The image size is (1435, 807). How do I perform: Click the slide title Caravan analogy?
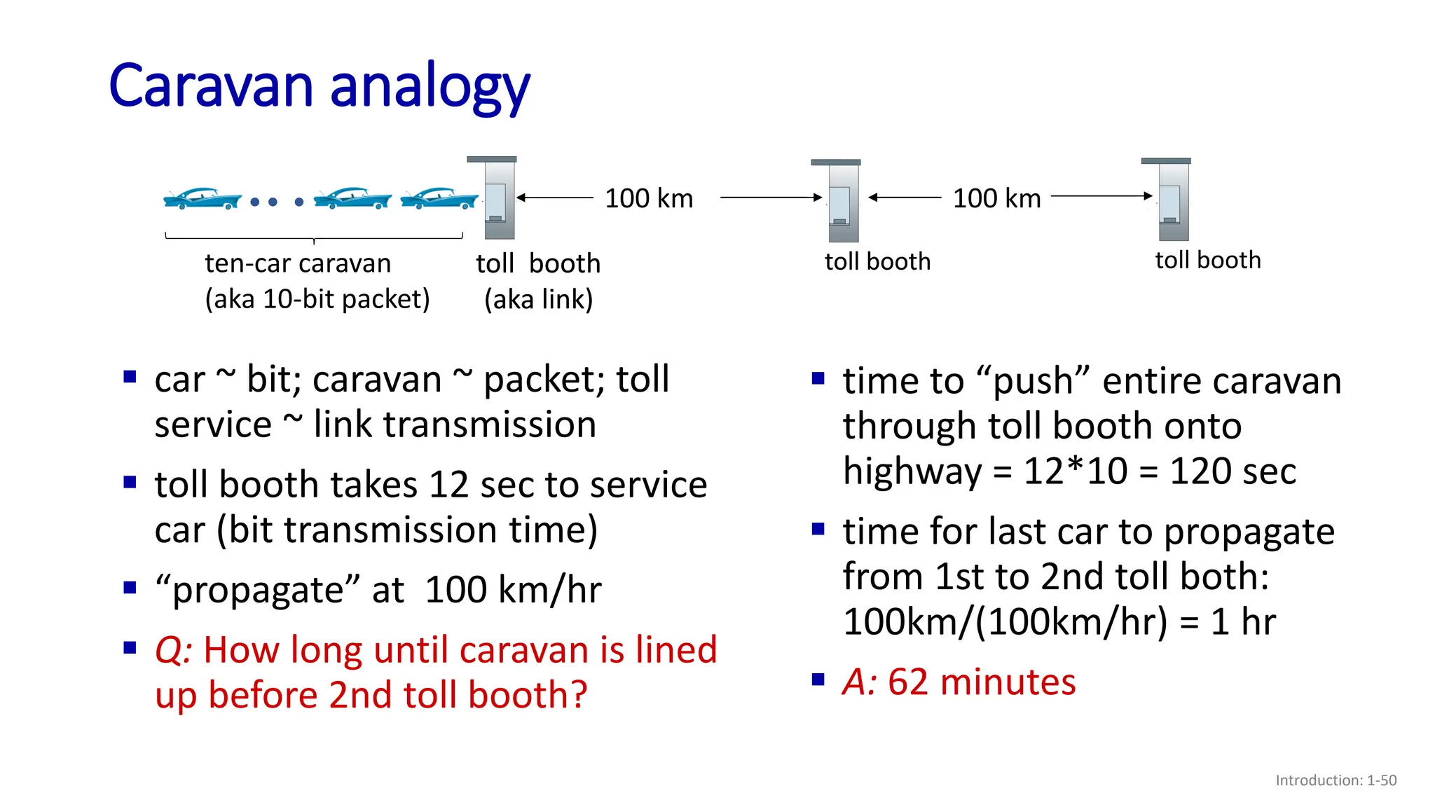[320, 87]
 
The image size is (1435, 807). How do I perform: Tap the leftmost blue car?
[202, 199]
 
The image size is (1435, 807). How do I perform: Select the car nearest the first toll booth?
[439, 199]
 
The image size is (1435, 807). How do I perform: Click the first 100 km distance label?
[649, 199]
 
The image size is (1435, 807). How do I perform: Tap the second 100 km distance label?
[996, 199]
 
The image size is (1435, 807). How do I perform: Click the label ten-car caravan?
[298, 264]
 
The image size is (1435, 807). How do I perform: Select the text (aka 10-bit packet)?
[317, 300]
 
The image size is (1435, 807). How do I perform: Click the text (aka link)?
[538, 300]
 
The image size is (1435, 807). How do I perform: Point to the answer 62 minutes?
[981, 682]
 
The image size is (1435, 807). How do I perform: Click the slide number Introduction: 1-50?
[1336, 780]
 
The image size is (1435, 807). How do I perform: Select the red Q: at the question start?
[173, 650]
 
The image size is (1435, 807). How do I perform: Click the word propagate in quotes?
[256, 590]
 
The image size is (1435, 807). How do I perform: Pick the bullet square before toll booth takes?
[130, 483]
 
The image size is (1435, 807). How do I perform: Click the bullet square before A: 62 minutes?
[818, 680]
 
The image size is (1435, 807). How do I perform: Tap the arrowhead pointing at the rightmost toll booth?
[1148, 196]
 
